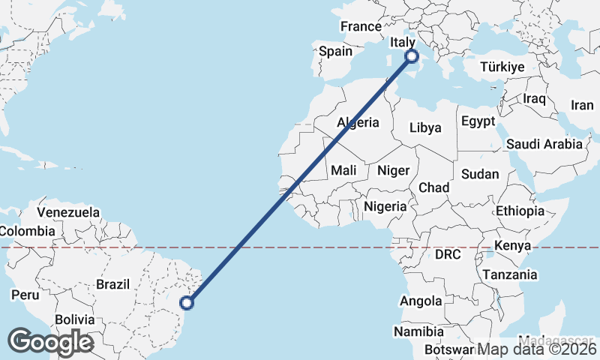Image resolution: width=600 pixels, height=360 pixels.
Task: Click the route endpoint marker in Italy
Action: coord(411,55)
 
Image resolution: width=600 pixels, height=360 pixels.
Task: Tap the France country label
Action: coord(361,26)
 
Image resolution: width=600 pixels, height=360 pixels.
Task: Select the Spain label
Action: coord(335,51)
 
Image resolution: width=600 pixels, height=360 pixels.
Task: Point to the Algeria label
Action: coord(358,122)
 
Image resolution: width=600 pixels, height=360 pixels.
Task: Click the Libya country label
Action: coord(425,127)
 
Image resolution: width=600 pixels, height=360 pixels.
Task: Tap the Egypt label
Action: coord(478,121)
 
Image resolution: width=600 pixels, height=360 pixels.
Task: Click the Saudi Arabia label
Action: coord(544,144)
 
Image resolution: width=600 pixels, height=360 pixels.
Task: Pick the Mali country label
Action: coord(343,170)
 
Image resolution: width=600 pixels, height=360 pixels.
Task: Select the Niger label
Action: coord(393,170)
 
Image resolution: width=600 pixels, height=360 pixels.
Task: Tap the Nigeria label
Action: coord(385,205)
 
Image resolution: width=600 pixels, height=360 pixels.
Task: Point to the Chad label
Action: coord(434,187)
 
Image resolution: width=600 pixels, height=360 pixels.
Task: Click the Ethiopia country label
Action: coord(520,211)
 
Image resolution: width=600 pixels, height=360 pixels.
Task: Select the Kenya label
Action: coord(513,245)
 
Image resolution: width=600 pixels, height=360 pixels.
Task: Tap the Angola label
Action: coord(421,301)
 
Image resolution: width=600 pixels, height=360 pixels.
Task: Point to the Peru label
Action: coord(25,295)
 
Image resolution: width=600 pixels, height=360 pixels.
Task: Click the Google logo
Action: coord(50,342)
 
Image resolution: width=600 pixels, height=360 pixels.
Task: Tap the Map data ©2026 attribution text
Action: coord(537,349)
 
